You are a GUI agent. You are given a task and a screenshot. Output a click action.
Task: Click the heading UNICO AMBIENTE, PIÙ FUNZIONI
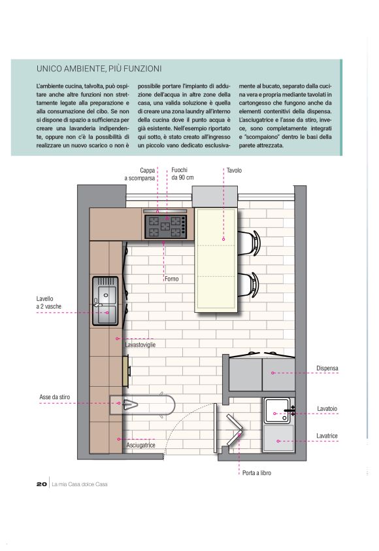99,69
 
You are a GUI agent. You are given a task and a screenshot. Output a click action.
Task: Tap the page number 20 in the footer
41,484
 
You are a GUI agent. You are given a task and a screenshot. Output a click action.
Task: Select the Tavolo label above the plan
234,170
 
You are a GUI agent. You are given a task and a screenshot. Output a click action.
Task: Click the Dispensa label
327,368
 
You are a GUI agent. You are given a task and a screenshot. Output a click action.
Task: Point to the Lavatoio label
327,409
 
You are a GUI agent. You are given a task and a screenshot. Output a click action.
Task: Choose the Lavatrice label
327,436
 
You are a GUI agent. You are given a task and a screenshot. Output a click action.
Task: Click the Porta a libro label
257,473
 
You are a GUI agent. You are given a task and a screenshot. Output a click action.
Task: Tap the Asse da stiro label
55,397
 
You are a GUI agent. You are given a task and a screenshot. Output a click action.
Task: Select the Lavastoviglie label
140,345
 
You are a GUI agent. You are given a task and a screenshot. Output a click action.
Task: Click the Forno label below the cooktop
172,279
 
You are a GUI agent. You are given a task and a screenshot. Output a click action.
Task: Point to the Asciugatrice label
140,445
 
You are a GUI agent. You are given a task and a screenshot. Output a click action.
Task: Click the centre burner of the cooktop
165,226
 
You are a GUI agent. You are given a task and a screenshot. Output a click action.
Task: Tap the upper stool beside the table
250,243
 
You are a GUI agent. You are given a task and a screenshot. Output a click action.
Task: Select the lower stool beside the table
250,285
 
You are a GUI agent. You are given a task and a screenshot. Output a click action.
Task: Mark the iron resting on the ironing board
130,404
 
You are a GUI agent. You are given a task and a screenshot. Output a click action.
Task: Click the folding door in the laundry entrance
235,430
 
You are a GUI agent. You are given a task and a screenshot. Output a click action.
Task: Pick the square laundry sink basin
276,410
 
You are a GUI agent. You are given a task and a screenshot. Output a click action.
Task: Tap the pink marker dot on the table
223,239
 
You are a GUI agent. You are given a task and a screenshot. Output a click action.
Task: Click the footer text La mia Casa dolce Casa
80,484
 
